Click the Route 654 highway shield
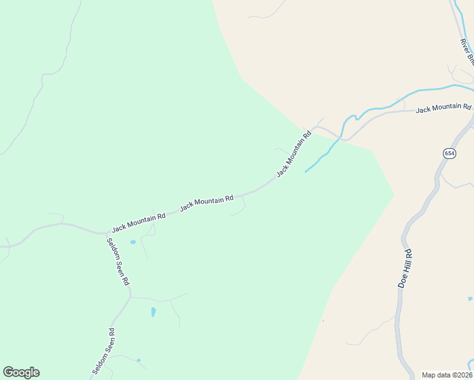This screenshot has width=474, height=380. (449, 153)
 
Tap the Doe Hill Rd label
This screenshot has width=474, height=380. (406, 269)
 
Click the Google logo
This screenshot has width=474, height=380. (21, 372)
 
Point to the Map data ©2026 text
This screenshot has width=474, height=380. (447, 374)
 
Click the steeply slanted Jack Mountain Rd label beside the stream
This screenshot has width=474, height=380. (295, 154)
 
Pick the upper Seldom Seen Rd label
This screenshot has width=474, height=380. (118, 262)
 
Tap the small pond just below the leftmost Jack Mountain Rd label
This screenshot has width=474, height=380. (132, 242)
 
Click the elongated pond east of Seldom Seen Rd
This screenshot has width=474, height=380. (153, 312)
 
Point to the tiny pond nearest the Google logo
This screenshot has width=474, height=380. (138, 360)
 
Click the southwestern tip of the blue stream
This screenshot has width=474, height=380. (306, 172)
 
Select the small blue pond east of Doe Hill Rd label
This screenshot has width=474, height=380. (470, 298)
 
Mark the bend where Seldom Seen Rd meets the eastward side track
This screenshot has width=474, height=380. (131, 296)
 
